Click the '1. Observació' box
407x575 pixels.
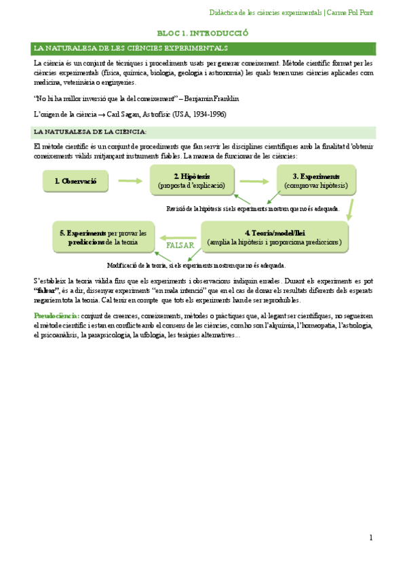pyautogui.click(x=71, y=181)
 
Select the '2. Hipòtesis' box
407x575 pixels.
pyautogui.click(x=191, y=180)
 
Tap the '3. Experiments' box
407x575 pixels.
pyautogui.click(x=315, y=180)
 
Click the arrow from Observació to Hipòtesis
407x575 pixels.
pyautogui.click(x=130, y=180)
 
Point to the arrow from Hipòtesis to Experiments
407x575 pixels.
pyautogui.click(x=254, y=181)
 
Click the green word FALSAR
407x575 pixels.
pyautogui.click(x=180, y=245)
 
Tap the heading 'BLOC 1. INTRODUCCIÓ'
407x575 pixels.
pyautogui.click(x=203, y=33)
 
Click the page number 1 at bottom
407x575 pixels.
pyautogui.click(x=371, y=538)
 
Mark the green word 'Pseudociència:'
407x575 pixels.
pyautogui.click(x=56, y=316)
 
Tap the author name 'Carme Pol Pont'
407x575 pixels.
pyautogui.click(x=351, y=13)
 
